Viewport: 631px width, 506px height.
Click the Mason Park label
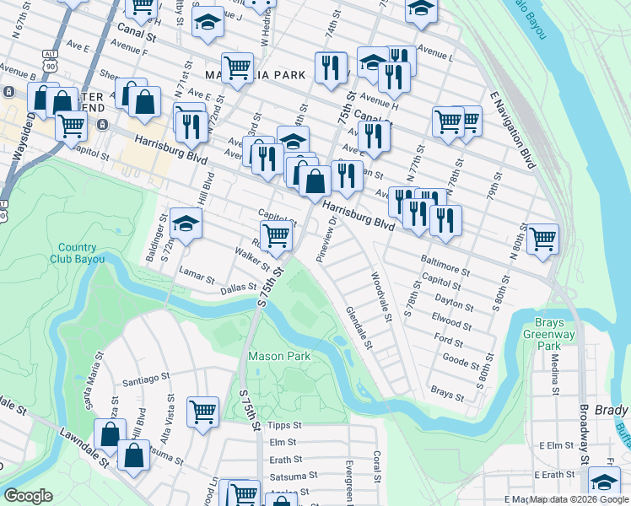(x=278, y=356)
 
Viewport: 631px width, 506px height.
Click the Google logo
(x=29, y=496)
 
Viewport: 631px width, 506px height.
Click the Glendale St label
(x=359, y=328)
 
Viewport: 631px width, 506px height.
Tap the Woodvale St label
(x=382, y=297)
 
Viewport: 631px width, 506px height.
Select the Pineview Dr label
(x=326, y=240)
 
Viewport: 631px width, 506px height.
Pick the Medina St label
(x=555, y=374)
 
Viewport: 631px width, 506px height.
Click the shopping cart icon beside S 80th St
(x=542, y=238)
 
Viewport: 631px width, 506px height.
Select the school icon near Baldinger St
(x=186, y=223)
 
